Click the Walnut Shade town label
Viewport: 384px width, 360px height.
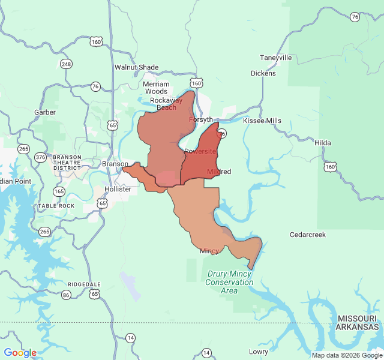tap(136, 67)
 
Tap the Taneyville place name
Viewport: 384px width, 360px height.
tap(275, 58)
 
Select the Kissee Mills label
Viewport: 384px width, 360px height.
tap(262, 121)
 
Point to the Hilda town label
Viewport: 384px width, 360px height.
tap(322, 143)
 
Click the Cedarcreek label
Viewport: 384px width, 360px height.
tap(307, 235)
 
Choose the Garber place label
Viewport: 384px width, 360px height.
tap(45, 112)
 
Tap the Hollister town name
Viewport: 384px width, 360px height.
tap(118, 189)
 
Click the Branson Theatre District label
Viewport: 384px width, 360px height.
tap(67, 163)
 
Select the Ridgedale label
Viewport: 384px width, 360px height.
tap(84, 284)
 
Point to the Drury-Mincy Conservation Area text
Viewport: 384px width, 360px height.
tap(229, 282)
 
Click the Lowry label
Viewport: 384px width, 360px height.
tap(259, 352)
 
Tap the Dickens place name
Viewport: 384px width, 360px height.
tap(263, 73)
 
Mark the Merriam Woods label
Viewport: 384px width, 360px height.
tap(156, 88)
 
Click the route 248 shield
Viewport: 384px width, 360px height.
tap(66, 64)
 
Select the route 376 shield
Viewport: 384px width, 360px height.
tap(40, 157)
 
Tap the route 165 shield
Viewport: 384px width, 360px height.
tap(59, 191)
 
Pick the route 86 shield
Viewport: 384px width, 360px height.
tap(66, 295)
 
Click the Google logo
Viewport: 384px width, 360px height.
tap(20, 353)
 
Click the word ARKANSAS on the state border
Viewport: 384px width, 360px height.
tap(357, 327)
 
